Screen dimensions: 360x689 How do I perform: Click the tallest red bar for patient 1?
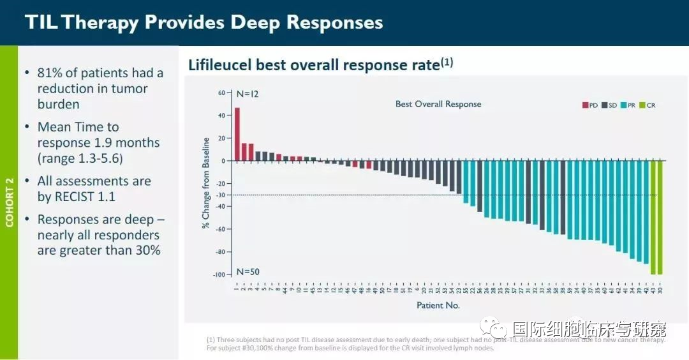237,134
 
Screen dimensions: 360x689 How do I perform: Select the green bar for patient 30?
660,217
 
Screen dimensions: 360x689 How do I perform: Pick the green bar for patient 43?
653,217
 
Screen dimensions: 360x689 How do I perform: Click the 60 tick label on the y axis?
221,93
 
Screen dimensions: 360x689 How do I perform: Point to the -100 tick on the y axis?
219,274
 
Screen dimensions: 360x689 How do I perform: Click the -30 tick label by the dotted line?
220,195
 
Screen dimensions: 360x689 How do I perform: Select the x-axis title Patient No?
438,306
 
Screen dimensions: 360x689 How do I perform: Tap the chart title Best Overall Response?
438,104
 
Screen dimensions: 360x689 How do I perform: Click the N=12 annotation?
248,94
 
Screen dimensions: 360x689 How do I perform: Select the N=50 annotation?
248,271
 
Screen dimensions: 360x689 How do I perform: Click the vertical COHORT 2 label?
9,202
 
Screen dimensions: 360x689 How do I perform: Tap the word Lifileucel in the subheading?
220,65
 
